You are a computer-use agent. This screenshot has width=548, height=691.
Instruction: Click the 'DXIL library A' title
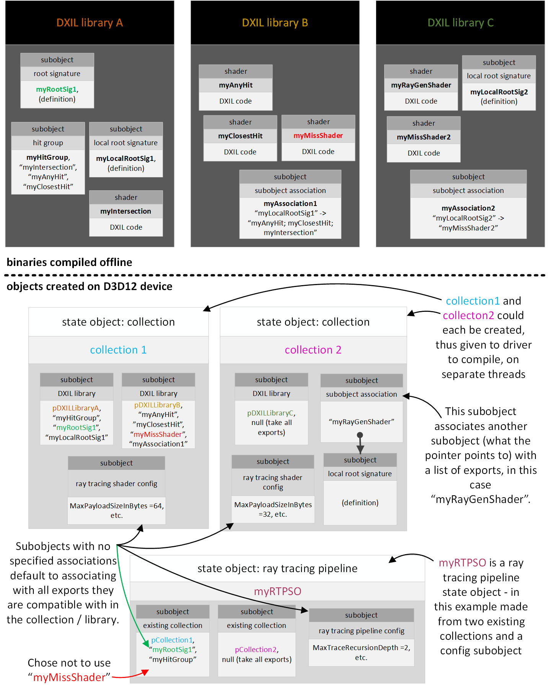[x=90, y=23]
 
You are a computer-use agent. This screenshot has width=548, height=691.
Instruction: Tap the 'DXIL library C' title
[x=460, y=23]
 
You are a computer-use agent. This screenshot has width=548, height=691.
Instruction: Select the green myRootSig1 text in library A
[x=56, y=89]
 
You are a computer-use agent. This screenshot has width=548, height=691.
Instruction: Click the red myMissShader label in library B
[x=318, y=136]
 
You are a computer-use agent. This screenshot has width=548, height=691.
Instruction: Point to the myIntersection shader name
[x=126, y=211]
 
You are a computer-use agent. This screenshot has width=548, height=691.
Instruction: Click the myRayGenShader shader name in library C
[x=421, y=85]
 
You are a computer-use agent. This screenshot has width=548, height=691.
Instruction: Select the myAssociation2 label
[x=468, y=208]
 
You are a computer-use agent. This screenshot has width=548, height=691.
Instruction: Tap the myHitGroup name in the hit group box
[x=47, y=157]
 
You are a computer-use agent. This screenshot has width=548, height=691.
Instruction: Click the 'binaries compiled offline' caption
[x=69, y=262]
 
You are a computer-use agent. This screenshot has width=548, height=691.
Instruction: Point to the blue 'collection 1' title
[x=118, y=350]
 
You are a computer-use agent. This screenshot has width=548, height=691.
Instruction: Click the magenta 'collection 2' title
[x=313, y=350]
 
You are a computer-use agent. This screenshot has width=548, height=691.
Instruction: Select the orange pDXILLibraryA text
[x=76, y=408]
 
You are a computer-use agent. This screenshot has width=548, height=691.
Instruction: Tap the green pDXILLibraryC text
[x=270, y=413]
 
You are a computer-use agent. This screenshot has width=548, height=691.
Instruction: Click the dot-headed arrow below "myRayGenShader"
[x=360, y=443]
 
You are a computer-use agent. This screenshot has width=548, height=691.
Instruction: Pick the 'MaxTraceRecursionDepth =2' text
[x=361, y=648]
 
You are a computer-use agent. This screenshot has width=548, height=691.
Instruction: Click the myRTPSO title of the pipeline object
[x=277, y=592]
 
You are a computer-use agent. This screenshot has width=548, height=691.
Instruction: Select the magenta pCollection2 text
[x=256, y=650]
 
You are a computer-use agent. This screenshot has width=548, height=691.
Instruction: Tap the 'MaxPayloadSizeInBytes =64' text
[x=116, y=506]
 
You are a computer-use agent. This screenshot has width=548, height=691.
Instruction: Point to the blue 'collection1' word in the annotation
[x=473, y=301]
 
